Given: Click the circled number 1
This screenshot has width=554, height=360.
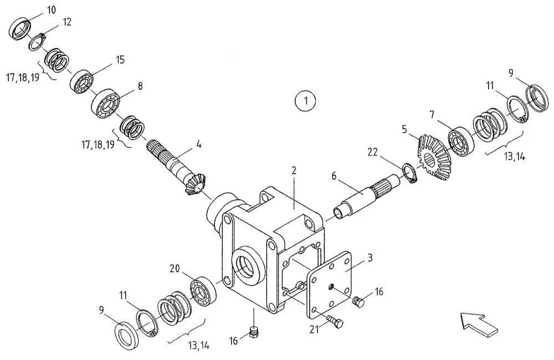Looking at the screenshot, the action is tap(306, 101).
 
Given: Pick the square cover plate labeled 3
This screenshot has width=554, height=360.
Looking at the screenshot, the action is tap(330, 287).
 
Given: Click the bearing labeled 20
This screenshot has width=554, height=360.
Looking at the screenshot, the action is tap(203, 291).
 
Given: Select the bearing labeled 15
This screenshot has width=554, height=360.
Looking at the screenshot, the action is tap(81, 82).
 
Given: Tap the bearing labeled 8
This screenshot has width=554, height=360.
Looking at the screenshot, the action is tap(106, 103).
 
